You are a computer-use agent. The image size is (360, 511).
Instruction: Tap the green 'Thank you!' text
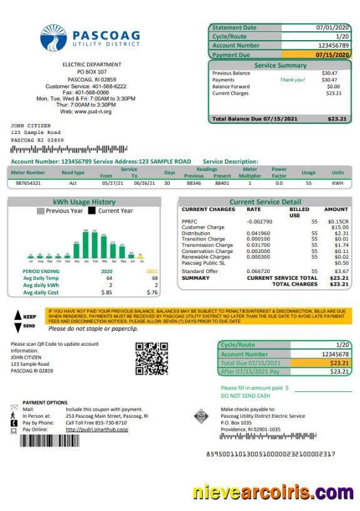[292, 80]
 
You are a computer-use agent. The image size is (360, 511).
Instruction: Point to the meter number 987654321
[27, 183]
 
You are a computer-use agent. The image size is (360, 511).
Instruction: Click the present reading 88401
[222, 183]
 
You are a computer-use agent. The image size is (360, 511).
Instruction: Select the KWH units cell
[338, 183]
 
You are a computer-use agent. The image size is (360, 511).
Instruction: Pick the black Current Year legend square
[91, 211]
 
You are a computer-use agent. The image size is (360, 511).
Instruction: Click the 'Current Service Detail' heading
[265, 202]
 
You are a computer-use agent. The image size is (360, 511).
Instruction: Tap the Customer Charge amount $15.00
[338, 227]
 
